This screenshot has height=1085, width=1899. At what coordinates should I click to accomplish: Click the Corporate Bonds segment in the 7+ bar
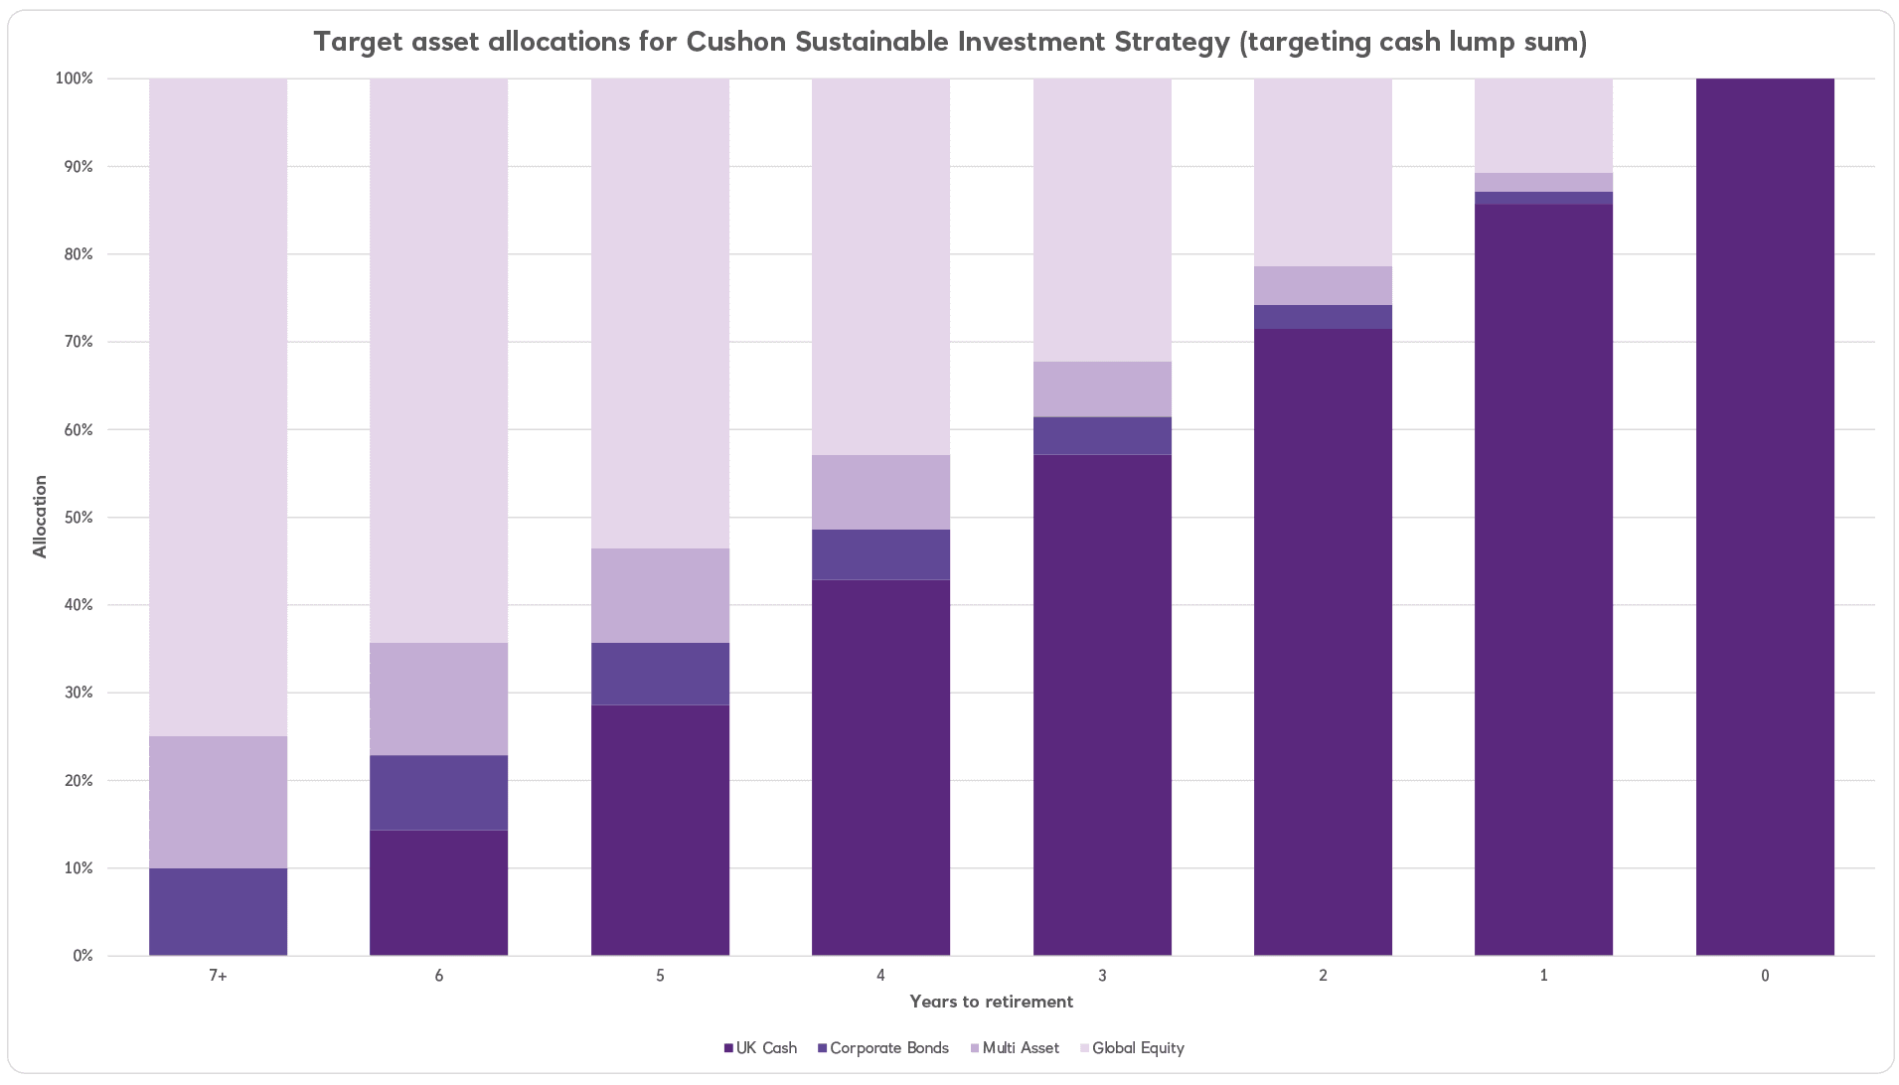coord(218,911)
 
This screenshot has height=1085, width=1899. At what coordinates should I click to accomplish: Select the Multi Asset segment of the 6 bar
coord(438,698)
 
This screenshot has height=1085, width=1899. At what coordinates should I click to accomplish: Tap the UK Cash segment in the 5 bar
coord(660,830)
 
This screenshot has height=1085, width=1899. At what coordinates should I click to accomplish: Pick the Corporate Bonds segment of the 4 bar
coord(880,553)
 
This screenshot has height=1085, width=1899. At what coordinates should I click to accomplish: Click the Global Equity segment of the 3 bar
coord(1102,219)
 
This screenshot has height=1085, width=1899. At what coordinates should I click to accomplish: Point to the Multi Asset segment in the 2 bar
coord(1323,285)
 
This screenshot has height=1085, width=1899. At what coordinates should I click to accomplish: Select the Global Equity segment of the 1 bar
coord(1543,125)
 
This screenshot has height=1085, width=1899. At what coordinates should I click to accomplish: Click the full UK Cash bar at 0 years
coord(1765,517)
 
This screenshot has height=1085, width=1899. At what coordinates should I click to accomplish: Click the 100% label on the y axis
coord(75,78)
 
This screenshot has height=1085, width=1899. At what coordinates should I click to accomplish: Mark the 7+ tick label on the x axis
coord(218,976)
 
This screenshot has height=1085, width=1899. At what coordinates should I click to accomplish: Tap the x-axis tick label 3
coord(1102,976)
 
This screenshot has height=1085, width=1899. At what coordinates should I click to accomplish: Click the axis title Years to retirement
coord(991,1002)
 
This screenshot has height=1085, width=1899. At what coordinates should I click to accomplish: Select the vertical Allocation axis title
coord(40,517)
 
